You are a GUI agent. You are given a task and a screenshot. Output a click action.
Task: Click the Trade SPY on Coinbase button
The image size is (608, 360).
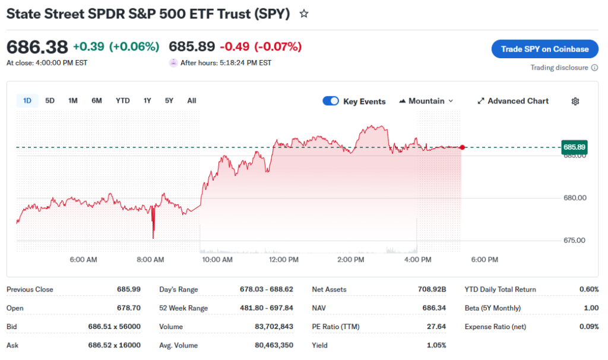coord(544,49)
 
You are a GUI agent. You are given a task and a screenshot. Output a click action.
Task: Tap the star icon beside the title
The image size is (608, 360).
coord(304,13)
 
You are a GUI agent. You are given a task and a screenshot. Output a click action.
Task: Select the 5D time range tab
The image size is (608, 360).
coord(50,100)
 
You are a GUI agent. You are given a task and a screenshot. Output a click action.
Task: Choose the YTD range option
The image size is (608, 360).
coord(122,100)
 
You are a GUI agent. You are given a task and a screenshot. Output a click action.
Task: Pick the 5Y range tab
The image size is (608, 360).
coord(169,100)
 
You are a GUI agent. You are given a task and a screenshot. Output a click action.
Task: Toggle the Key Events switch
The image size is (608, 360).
coord(331,101)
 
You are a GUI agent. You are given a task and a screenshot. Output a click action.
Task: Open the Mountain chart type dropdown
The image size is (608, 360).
coord(426,101)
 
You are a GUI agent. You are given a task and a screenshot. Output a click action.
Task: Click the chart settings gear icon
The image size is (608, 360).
coord(575,101)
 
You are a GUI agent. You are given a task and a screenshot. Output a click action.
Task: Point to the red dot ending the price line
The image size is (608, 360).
coord(462,147)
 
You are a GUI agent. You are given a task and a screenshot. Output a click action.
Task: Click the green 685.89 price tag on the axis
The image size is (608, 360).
coord(574,147)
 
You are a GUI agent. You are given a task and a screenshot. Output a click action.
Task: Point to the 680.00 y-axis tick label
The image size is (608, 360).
coord(574,198)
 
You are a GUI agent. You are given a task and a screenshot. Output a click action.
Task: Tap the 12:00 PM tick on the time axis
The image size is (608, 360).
coord(284,260)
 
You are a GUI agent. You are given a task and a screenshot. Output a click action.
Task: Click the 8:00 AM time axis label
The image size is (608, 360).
coord(150,260)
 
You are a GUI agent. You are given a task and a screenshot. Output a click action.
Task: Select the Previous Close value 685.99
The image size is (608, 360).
coord(129,289)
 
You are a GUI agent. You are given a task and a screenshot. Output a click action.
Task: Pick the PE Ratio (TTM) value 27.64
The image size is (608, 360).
coord(436,327)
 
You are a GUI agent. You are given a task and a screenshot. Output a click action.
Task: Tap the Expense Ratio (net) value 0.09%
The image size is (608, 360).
coord(589,327)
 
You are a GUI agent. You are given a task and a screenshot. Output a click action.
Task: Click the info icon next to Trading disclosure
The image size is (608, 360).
coord(595,68)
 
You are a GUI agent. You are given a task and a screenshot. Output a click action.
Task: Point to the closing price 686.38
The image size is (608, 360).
coord(37,46)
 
